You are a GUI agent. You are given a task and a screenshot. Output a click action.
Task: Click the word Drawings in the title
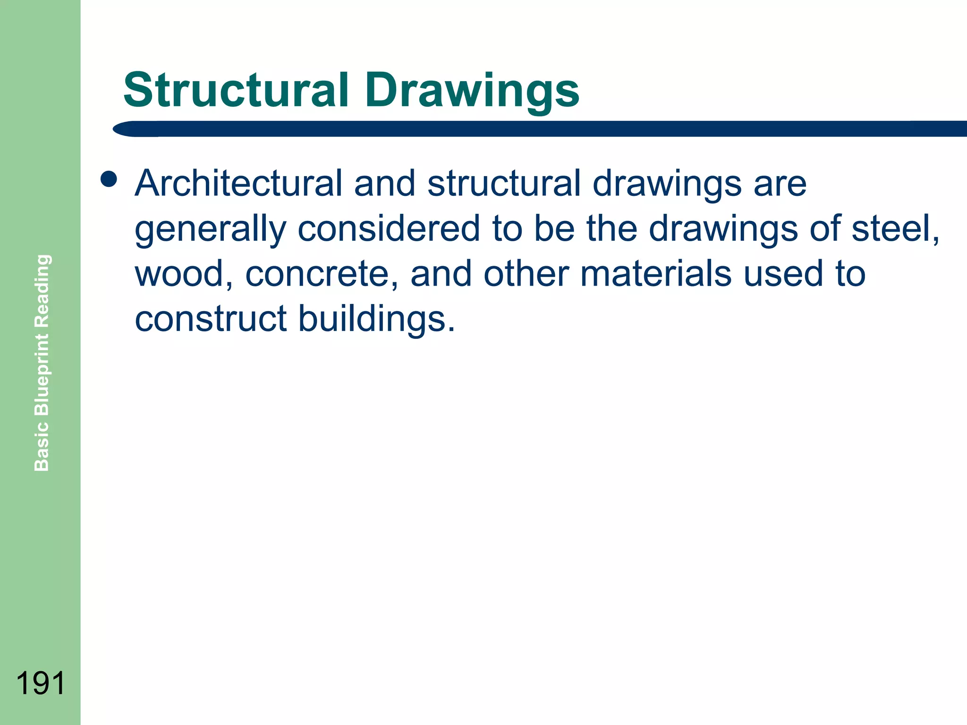click(x=472, y=91)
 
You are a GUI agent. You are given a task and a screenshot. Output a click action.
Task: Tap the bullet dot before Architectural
click(x=109, y=179)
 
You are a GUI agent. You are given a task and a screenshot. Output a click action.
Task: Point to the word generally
click(x=210, y=229)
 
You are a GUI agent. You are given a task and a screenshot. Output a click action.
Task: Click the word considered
click(x=389, y=228)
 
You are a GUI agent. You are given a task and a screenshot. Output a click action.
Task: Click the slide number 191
click(x=40, y=683)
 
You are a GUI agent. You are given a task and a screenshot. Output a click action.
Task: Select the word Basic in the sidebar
click(x=42, y=446)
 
